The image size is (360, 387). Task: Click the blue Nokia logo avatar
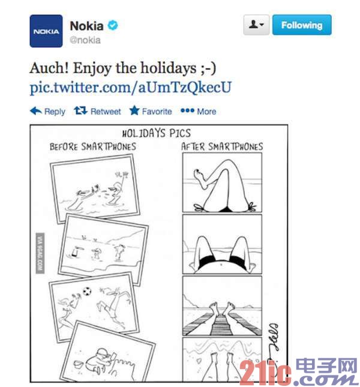tap(46, 31)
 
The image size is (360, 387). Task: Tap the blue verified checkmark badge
tap(113, 25)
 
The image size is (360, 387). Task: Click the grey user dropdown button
tap(256, 25)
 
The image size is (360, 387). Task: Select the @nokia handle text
tap(85, 40)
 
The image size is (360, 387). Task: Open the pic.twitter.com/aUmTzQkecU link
tap(131, 88)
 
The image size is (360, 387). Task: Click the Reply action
tap(47, 111)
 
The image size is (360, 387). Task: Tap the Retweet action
tap(97, 111)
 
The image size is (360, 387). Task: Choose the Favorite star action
tap(151, 111)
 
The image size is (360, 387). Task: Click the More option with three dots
tap(199, 112)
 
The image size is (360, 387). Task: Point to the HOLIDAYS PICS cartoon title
tap(157, 133)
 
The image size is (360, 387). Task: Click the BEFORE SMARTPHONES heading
tap(93, 146)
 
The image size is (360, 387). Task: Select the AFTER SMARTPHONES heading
tap(222, 146)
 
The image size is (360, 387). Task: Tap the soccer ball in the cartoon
tap(87, 292)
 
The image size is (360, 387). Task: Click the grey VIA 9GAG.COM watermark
tap(40, 253)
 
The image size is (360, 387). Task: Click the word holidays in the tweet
tap(168, 68)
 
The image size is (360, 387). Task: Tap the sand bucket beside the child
tap(79, 363)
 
